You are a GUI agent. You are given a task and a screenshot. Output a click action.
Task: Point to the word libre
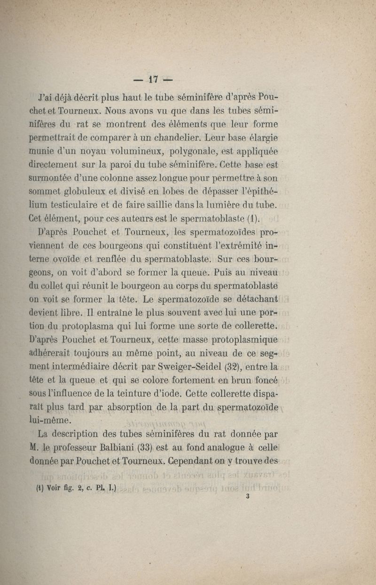[x=72, y=312]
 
